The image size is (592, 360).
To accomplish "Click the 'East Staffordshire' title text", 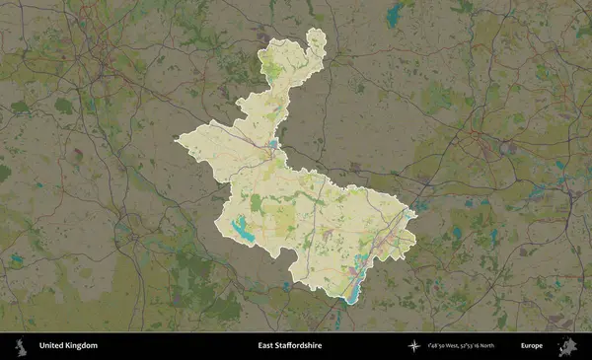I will tap(289, 346).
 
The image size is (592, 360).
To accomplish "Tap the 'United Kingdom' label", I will tap(68, 346).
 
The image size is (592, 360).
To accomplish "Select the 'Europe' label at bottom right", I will tap(531, 346).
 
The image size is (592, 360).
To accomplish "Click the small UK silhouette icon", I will tap(20, 346).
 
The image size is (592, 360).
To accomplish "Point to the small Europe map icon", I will tap(568, 346).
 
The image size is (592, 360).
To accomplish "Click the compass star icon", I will tap(414, 346).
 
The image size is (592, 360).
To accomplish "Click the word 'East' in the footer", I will tap(265, 346).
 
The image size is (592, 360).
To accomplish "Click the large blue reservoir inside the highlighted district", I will tap(241, 230).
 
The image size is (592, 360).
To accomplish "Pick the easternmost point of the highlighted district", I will tap(415, 212).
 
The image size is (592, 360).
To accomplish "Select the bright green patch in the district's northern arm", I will tap(271, 69).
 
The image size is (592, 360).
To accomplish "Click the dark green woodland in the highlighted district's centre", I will tap(257, 202).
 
